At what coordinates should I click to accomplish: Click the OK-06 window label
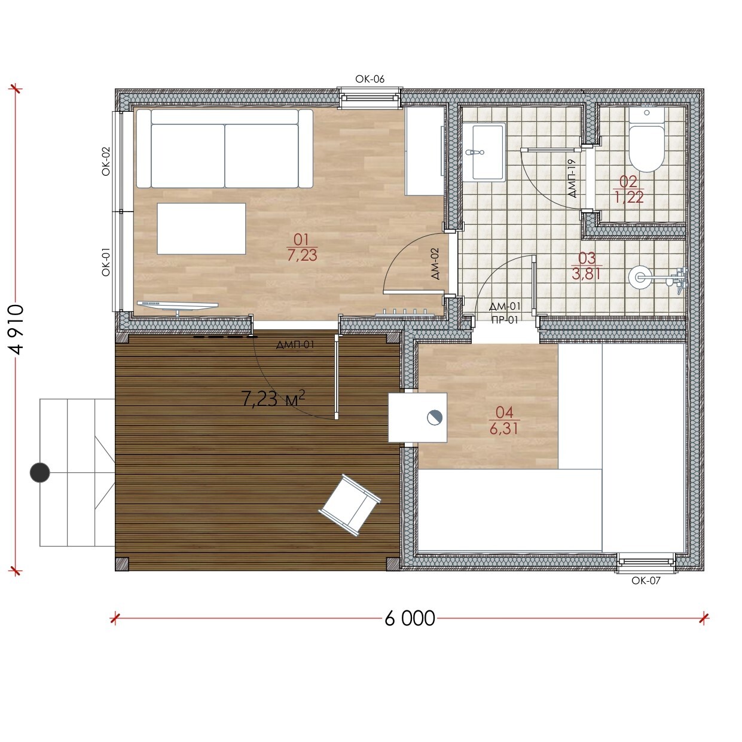pyautogui.click(x=370, y=79)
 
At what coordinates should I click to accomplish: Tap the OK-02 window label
pyautogui.click(x=106, y=161)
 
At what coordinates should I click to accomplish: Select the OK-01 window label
pyautogui.click(x=106, y=262)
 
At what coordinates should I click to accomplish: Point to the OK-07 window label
pyautogui.click(x=646, y=581)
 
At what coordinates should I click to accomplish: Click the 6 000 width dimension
pyautogui.click(x=410, y=618)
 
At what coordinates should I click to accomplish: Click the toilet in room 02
pyautogui.click(x=647, y=139)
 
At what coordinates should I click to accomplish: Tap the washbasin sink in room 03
pyautogui.click(x=484, y=152)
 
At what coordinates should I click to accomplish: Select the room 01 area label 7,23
pyautogui.click(x=303, y=255)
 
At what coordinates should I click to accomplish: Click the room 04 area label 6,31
pyautogui.click(x=504, y=428)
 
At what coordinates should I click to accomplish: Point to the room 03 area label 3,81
pyautogui.click(x=586, y=274)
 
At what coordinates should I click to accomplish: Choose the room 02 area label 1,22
pyautogui.click(x=629, y=197)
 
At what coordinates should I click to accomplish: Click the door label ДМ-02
pyautogui.click(x=435, y=264)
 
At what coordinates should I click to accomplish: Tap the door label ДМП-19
pyautogui.click(x=572, y=179)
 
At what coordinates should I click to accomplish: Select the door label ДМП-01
pyautogui.click(x=295, y=344)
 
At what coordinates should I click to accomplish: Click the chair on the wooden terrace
pyautogui.click(x=350, y=505)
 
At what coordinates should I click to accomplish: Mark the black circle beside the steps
pyautogui.click(x=39, y=472)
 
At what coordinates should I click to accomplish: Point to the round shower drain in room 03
pyautogui.click(x=640, y=277)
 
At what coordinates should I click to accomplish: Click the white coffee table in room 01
pyautogui.click(x=201, y=229)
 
